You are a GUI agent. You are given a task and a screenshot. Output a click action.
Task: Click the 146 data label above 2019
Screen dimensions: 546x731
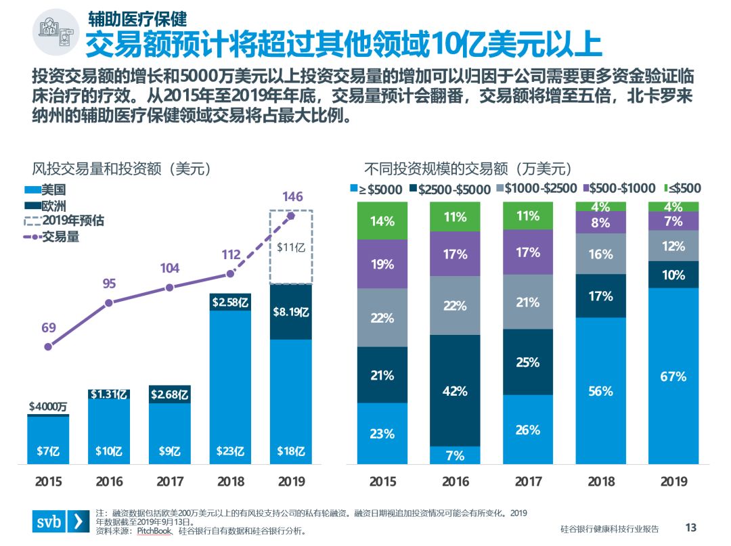click(292, 197)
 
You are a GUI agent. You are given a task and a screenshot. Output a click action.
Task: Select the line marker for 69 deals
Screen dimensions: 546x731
click(48, 346)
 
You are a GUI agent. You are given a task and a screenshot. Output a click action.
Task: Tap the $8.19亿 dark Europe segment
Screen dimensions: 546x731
click(291, 312)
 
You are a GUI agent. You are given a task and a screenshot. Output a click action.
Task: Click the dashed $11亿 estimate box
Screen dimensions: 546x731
click(291, 247)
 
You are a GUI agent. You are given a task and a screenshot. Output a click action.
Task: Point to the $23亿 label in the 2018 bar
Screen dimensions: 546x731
click(230, 451)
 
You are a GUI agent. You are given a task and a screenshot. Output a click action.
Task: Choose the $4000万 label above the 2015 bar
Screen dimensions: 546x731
click(47, 407)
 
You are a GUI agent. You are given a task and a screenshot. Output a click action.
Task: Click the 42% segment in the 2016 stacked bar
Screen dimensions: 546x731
click(455, 390)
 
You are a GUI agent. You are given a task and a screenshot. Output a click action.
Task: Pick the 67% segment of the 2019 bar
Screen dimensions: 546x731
click(673, 376)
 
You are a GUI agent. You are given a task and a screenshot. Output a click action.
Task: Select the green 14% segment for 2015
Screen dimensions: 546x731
click(382, 221)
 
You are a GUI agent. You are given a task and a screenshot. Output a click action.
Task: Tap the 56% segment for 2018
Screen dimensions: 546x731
click(600, 391)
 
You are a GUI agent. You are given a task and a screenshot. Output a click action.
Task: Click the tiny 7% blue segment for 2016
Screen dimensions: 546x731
click(455, 455)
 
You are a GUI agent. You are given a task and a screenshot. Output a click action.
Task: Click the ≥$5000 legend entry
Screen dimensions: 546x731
click(376, 189)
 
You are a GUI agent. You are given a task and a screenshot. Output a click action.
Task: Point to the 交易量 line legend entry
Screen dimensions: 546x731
click(54, 236)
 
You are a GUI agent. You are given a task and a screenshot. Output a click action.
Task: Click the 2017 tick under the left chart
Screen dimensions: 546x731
click(170, 482)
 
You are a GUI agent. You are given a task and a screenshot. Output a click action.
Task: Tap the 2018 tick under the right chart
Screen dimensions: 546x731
click(600, 482)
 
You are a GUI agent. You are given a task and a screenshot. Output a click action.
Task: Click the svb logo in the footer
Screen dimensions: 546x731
click(60, 522)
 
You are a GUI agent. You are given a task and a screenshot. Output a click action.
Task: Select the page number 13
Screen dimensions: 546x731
click(691, 528)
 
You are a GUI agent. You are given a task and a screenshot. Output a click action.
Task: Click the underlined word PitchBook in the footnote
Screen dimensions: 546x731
click(154, 531)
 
